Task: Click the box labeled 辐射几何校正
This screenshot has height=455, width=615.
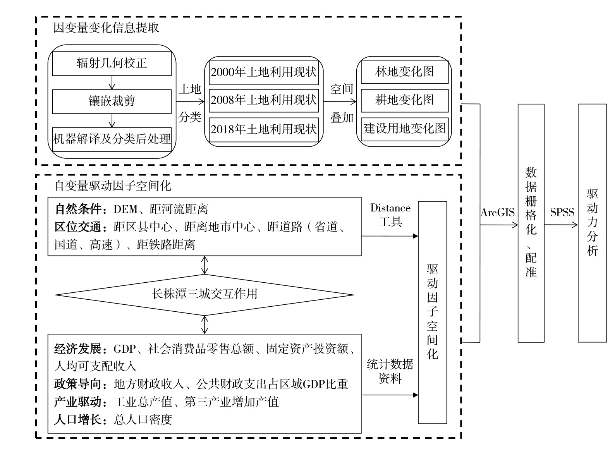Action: (x=112, y=64)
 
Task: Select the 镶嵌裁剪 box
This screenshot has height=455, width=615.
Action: (x=112, y=101)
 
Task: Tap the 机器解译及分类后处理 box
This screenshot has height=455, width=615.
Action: (x=112, y=139)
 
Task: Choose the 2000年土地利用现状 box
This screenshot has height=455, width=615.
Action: (x=264, y=72)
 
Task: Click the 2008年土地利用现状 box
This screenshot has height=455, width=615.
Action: (x=264, y=101)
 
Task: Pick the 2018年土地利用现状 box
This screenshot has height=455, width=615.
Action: (x=264, y=129)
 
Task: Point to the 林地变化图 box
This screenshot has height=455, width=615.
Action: (x=404, y=72)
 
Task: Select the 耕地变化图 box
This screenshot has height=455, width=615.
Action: (x=404, y=100)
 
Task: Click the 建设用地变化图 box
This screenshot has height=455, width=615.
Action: (x=404, y=129)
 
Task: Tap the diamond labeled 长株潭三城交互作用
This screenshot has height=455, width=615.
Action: (x=204, y=294)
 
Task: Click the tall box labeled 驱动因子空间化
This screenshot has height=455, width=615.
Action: (x=433, y=312)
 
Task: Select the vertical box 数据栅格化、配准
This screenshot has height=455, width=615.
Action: (x=531, y=223)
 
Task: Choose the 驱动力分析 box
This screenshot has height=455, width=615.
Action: (x=592, y=223)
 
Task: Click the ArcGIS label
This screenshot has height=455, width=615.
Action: (x=498, y=213)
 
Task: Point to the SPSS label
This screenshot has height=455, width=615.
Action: (x=562, y=213)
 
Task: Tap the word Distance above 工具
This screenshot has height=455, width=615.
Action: (x=390, y=208)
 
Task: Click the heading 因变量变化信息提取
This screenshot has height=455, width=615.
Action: (x=106, y=28)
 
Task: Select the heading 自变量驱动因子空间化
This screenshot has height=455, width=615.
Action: (x=113, y=186)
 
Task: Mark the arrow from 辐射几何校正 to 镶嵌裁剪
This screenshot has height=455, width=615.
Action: (x=112, y=82)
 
